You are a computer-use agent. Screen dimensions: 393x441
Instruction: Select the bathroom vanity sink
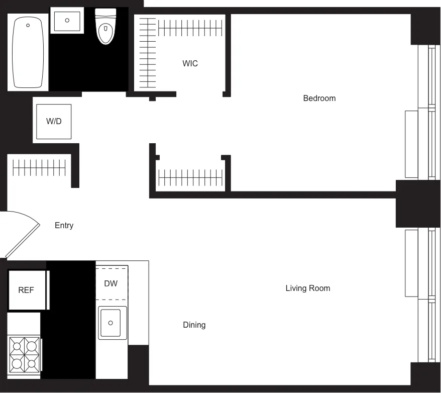[x=67, y=21]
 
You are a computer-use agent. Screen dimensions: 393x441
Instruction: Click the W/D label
[x=54, y=121]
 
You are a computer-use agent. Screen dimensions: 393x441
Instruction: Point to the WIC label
[x=190, y=63]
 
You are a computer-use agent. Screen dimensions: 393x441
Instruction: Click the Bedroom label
[x=319, y=98]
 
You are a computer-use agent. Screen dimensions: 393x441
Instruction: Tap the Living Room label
[x=307, y=288]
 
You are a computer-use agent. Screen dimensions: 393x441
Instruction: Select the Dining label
[x=194, y=325]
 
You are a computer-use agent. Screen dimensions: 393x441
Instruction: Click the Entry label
[x=64, y=225]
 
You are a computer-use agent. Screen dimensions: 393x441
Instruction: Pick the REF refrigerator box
[x=27, y=290]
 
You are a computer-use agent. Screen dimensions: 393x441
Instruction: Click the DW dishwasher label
[x=111, y=283]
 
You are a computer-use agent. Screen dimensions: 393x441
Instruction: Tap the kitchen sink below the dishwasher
[x=112, y=322]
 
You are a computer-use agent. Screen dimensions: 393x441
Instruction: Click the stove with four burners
[x=24, y=354]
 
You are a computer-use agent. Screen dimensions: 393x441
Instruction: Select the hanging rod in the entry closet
[x=39, y=167]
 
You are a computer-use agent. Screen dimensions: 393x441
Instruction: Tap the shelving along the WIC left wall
[x=147, y=53]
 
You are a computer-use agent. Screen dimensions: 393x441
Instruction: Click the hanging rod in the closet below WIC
[x=190, y=177]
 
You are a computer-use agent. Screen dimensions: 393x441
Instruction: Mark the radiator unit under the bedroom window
[x=411, y=144]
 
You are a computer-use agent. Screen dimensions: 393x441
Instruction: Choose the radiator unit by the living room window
[x=411, y=263]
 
